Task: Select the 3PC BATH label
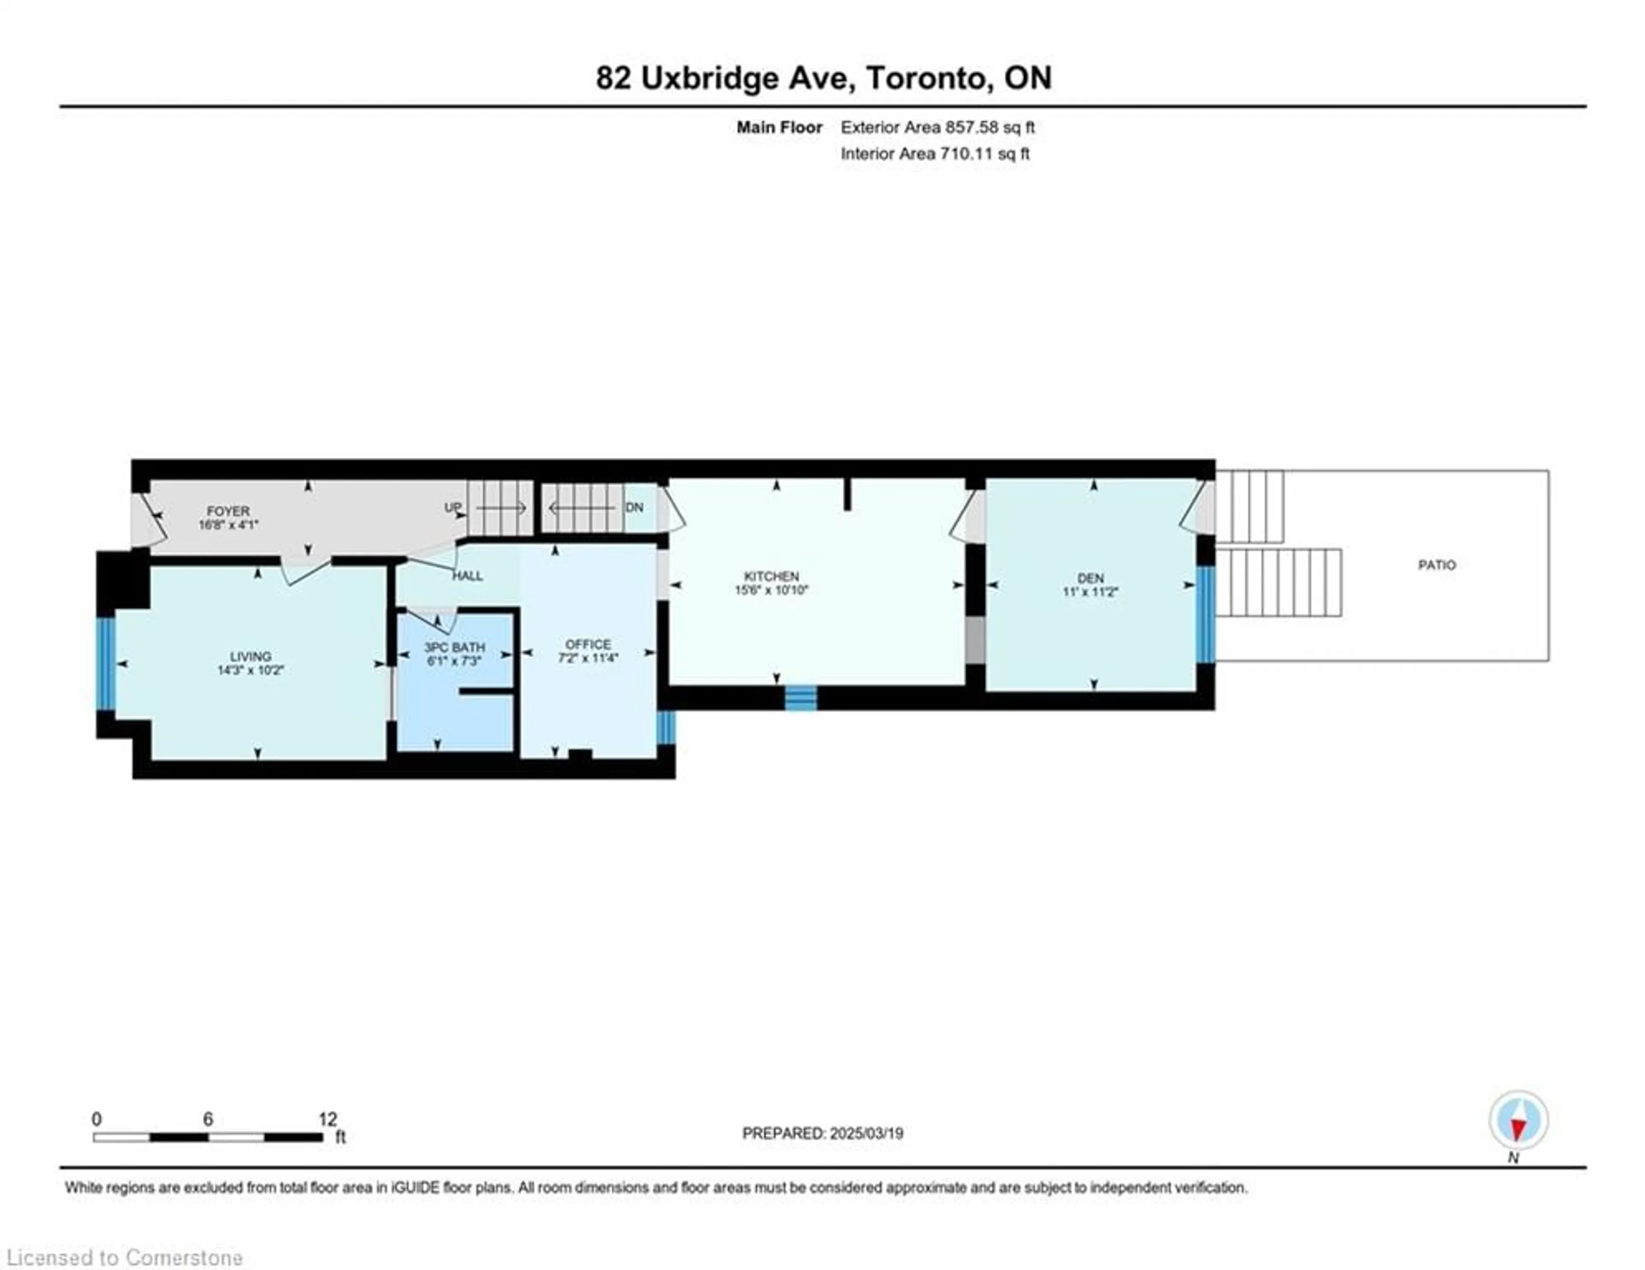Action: [x=454, y=647]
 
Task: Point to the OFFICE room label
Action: [x=588, y=644]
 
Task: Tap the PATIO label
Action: [x=1437, y=565]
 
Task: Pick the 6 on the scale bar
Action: [x=208, y=1119]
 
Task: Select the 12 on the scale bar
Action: [x=328, y=1119]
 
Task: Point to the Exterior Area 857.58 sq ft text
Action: [x=938, y=127]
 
